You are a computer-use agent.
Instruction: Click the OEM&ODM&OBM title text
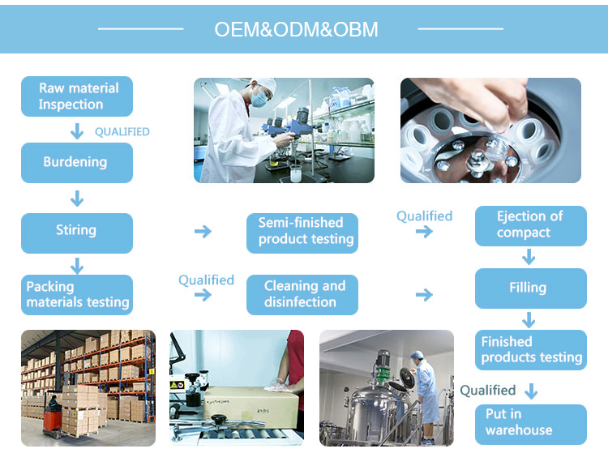(296, 30)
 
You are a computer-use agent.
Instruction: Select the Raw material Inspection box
(76, 96)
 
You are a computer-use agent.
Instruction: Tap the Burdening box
(76, 162)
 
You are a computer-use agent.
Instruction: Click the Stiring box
(76, 231)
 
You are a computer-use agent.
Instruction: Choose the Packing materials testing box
(76, 295)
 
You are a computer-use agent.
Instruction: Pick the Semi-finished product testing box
(302, 232)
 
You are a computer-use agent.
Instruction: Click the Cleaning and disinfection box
(302, 295)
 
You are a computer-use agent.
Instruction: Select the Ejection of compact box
(530, 225)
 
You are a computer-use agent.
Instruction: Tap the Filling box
(530, 288)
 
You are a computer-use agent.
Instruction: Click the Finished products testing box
(530, 350)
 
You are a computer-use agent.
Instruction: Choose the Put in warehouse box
(530, 423)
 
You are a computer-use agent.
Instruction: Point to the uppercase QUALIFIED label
(122, 131)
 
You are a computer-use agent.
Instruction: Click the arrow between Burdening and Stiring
(77, 198)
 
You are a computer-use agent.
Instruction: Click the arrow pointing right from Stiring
(203, 232)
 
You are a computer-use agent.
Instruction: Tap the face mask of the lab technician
(259, 100)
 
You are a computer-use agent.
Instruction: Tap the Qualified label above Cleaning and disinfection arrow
(206, 280)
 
